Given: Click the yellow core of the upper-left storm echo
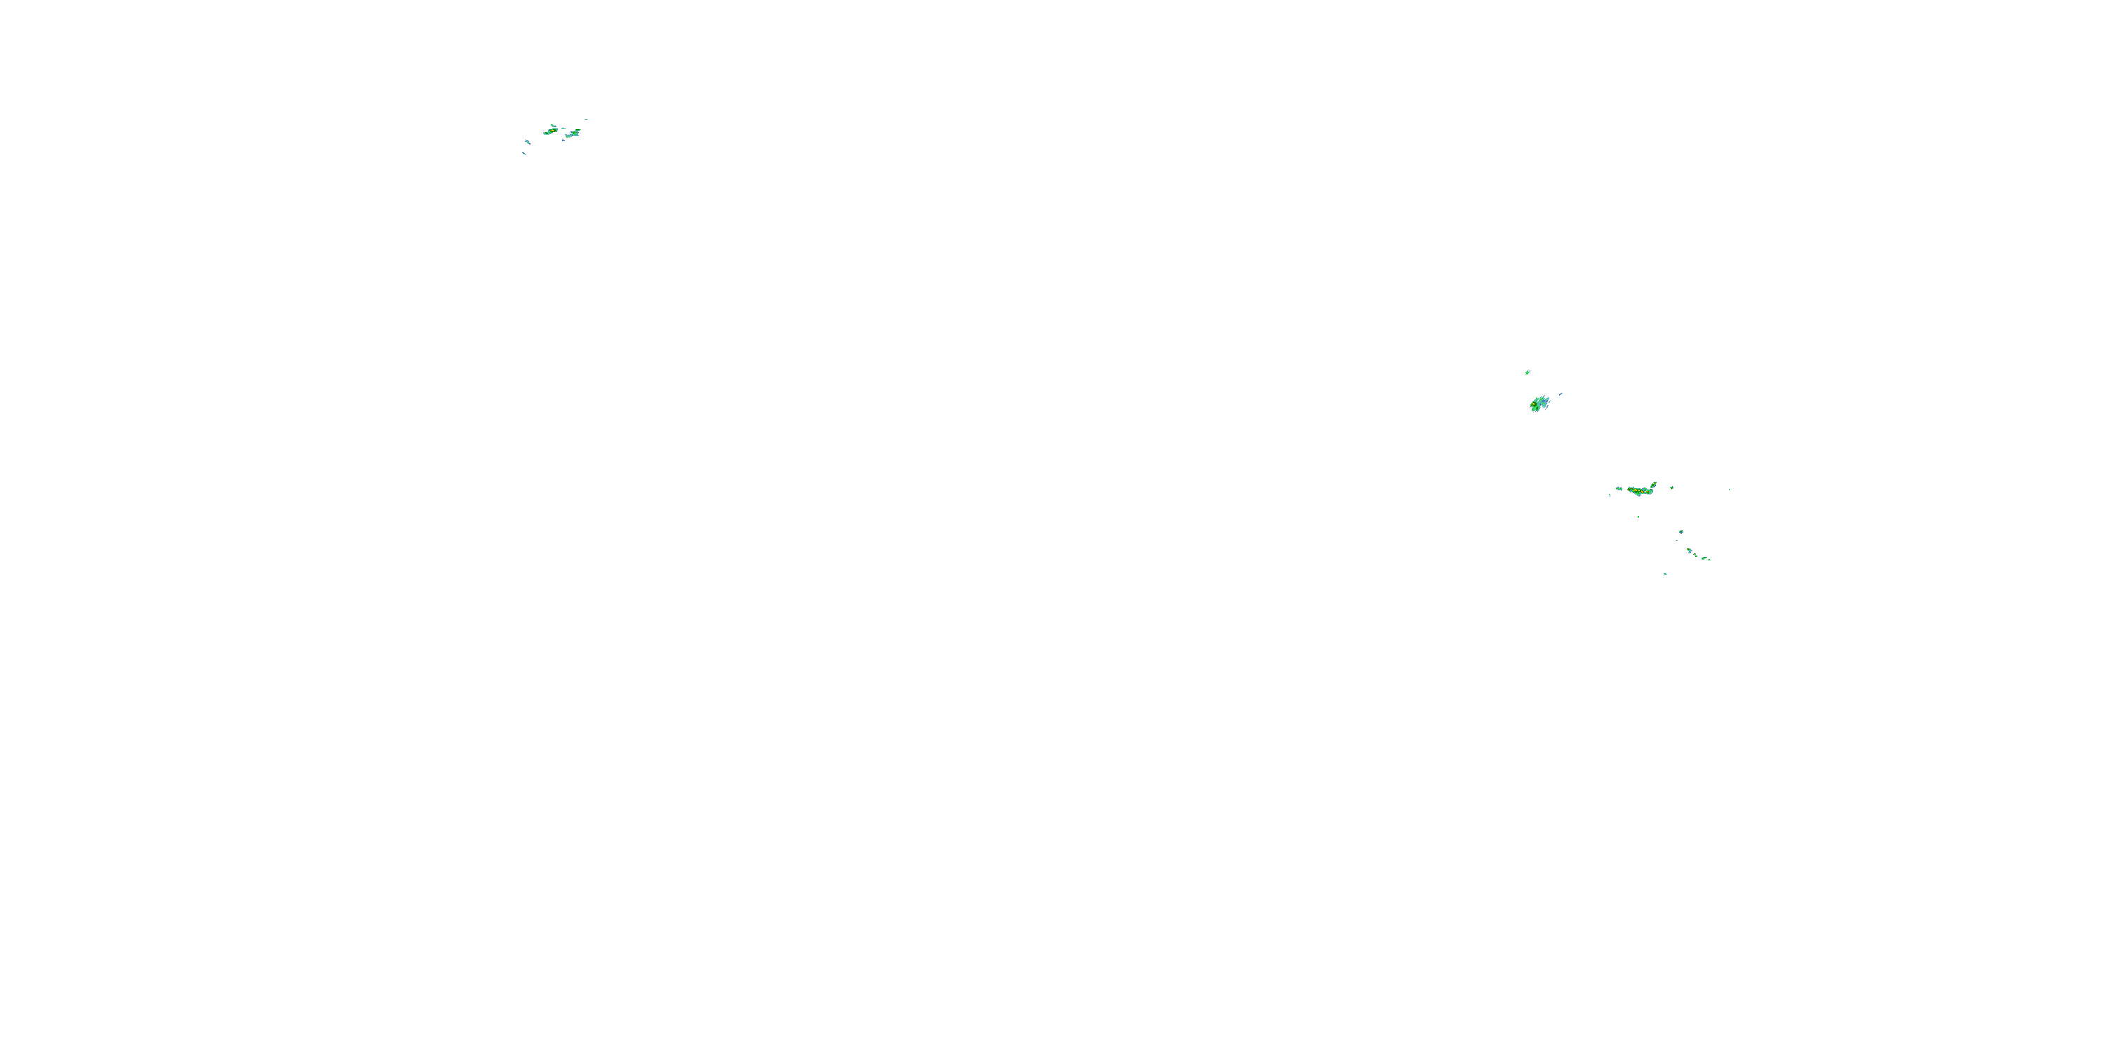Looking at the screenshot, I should pyautogui.click(x=552, y=130).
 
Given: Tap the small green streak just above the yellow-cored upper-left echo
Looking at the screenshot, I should pyautogui.click(x=553, y=126).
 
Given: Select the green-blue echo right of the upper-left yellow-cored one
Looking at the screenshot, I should pyautogui.click(x=574, y=134).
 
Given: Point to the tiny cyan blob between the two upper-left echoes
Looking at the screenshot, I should pyautogui.click(x=564, y=129).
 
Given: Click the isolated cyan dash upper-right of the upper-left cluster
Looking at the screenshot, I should pyautogui.click(x=586, y=120).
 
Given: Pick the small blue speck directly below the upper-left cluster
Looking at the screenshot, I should pyautogui.click(x=564, y=140).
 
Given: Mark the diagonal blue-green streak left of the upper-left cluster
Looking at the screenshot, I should pyautogui.click(x=528, y=143).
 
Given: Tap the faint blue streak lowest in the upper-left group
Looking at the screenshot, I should pyautogui.click(x=524, y=154).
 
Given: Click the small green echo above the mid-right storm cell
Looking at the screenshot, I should pyautogui.click(x=1528, y=372).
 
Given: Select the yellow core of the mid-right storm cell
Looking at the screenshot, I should pyautogui.click(x=1534, y=404).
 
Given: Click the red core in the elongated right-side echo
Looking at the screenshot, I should pyautogui.click(x=1648, y=492).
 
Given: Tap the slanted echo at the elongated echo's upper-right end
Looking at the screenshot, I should pyautogui.click(x=1654, y=485).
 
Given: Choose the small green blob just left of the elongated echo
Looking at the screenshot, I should pyautogui.click(x=1619, y=490).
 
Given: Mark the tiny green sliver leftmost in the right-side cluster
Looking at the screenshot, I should pyautogui.click(x=1610, y=495).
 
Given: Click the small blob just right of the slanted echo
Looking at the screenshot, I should pyautogui.click(x=1672, y=488).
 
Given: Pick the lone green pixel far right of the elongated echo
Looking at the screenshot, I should pyautogui.click(x=1729, y=490).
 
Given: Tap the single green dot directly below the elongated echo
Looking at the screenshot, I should pyautogui.click(x=1638, y=517).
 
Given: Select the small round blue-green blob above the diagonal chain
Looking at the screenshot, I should pyautogui.click(x=1682, y=532).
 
